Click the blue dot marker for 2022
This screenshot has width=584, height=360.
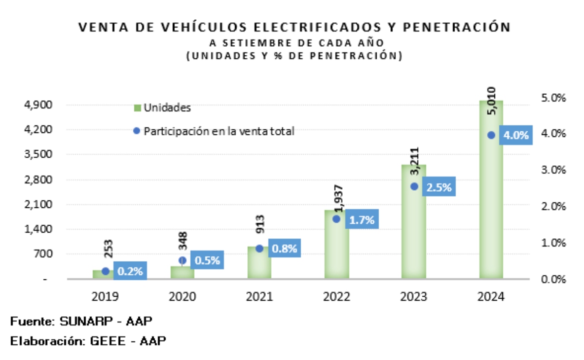(x=336, y=219)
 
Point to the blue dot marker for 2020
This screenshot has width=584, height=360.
(x=182, y=260)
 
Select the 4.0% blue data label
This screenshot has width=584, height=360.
(x=516, y=136)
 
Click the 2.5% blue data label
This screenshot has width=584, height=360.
(x=439, y=187)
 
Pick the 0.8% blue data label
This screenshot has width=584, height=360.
(x=285, y=249)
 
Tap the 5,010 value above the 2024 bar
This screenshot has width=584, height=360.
(x=492, y=101)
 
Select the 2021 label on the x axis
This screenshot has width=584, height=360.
(x=259, y=296)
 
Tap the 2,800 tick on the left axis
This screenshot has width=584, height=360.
(x=45, y=180)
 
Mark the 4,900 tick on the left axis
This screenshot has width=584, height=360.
(x=45, y=105)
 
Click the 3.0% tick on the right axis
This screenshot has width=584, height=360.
(x=554, y=170)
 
